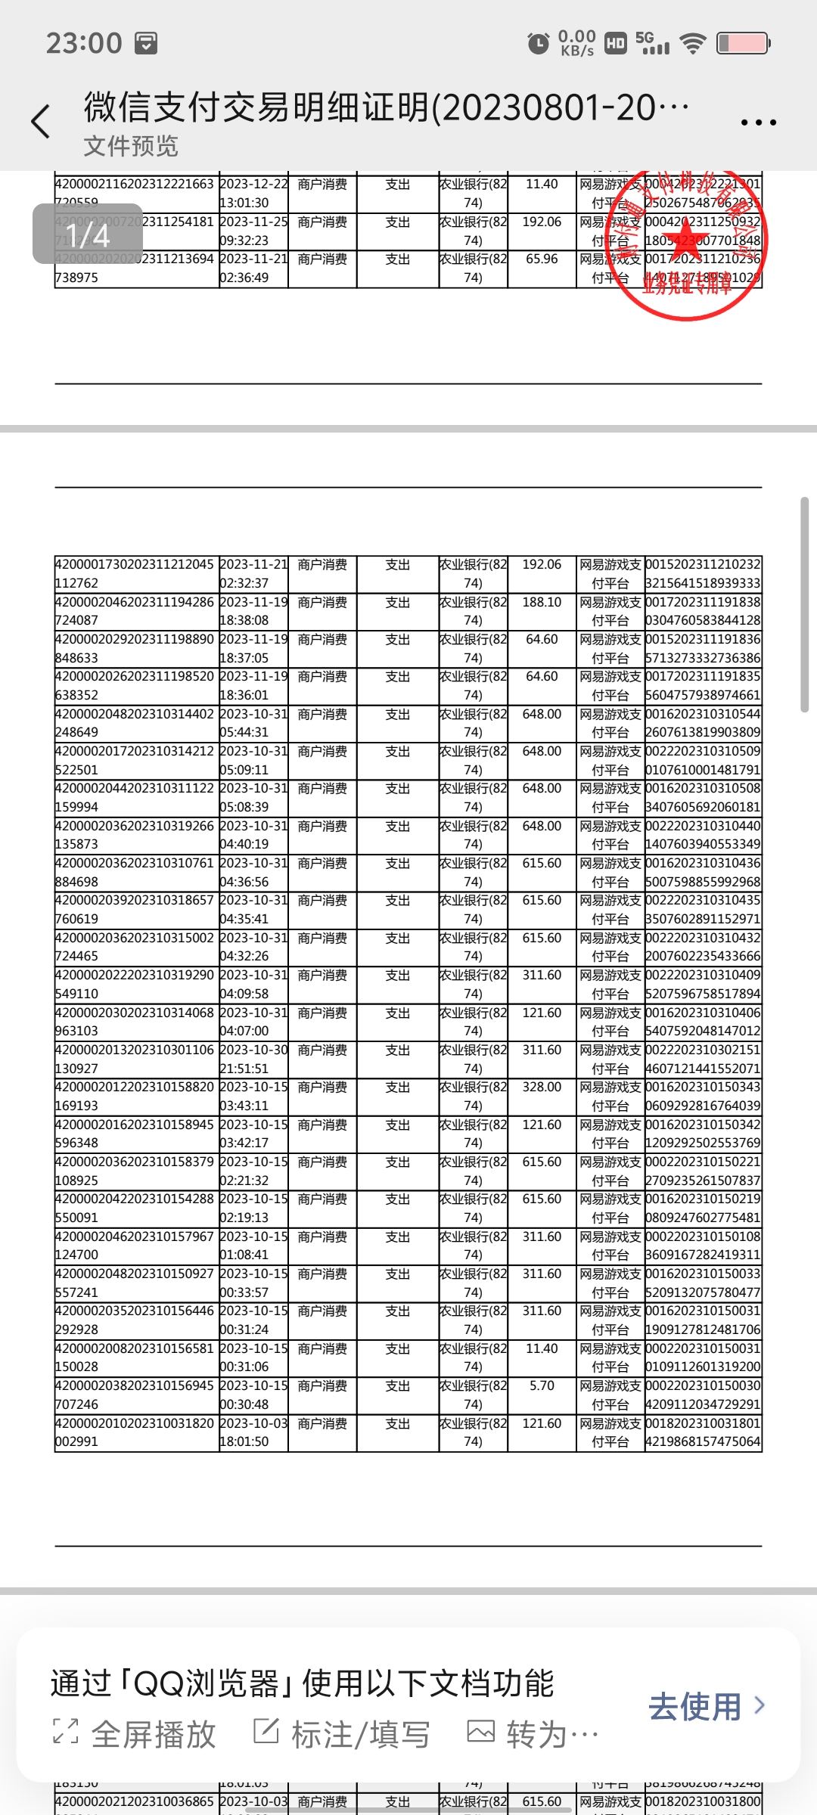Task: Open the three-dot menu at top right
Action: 758,122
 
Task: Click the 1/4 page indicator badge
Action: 88,234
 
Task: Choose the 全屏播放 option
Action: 136,1734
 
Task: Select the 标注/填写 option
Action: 342,1734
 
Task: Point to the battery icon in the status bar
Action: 743,43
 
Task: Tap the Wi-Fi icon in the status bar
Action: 692,43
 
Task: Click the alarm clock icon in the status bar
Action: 538,43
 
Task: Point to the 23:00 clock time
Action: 84,43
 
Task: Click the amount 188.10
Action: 542,602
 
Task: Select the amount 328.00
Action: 542,1087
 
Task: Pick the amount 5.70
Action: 542,1385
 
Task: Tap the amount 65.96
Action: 542,259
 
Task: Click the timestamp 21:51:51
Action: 244,1069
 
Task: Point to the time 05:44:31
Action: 244,732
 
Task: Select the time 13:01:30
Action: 244,203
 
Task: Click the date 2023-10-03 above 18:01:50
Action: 253,1423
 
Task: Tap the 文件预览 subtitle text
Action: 131,146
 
